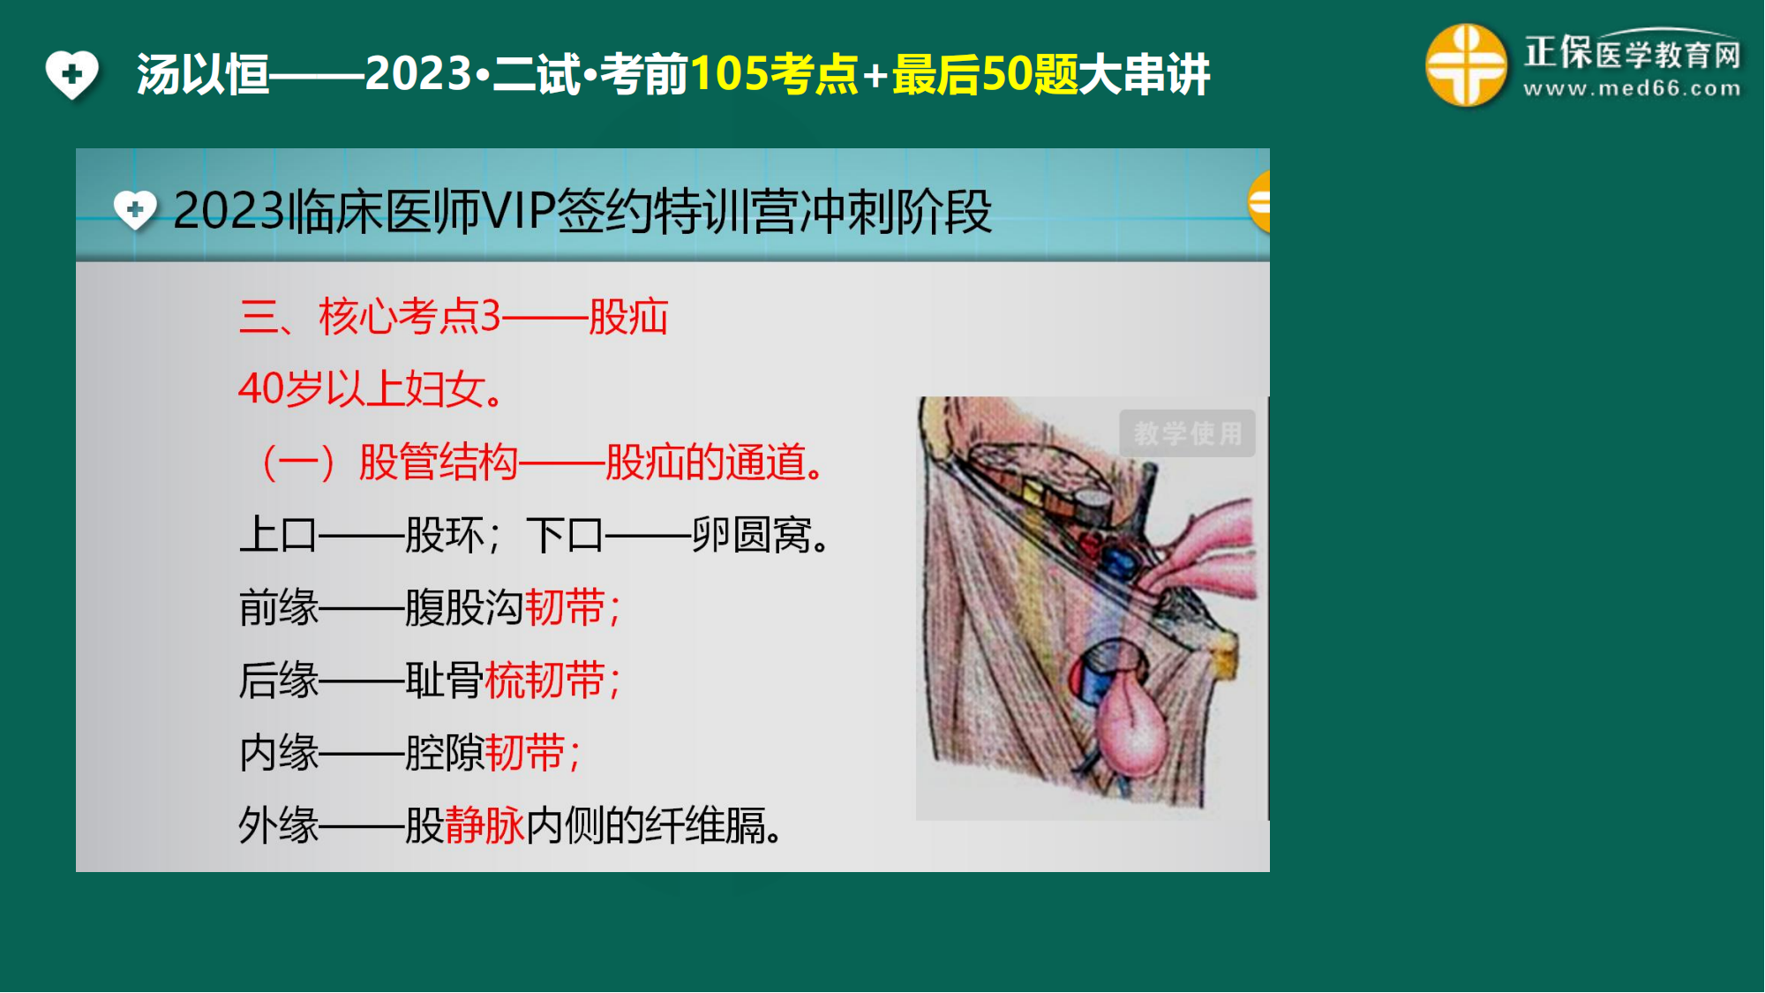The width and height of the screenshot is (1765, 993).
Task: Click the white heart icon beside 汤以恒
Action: point(72,74)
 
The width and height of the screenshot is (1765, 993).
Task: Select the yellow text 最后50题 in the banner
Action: point(985,74)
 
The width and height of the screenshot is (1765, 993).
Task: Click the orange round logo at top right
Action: point(1466,65)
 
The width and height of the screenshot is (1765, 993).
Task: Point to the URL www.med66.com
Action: point(1632,88)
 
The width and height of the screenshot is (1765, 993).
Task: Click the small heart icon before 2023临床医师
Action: point(135,210)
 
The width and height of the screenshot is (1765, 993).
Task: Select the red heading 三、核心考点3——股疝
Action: point(454,317)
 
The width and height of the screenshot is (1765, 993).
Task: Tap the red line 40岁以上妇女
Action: point(371,388)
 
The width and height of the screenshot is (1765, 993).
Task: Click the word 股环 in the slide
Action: point(445,535)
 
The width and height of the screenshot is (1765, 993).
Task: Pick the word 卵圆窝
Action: point(752,535)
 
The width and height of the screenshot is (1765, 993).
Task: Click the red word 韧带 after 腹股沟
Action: point(565,608)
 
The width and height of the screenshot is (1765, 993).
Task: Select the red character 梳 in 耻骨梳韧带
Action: point(505,681)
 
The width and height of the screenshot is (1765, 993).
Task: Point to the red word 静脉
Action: point(484,826)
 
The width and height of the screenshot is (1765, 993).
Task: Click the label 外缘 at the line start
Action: point(279,826)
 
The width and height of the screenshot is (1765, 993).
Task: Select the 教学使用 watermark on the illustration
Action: point(1187,433)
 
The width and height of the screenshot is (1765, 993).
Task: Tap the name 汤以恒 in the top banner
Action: point(203,74)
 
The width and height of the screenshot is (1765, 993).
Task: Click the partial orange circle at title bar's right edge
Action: point(1259,202)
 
